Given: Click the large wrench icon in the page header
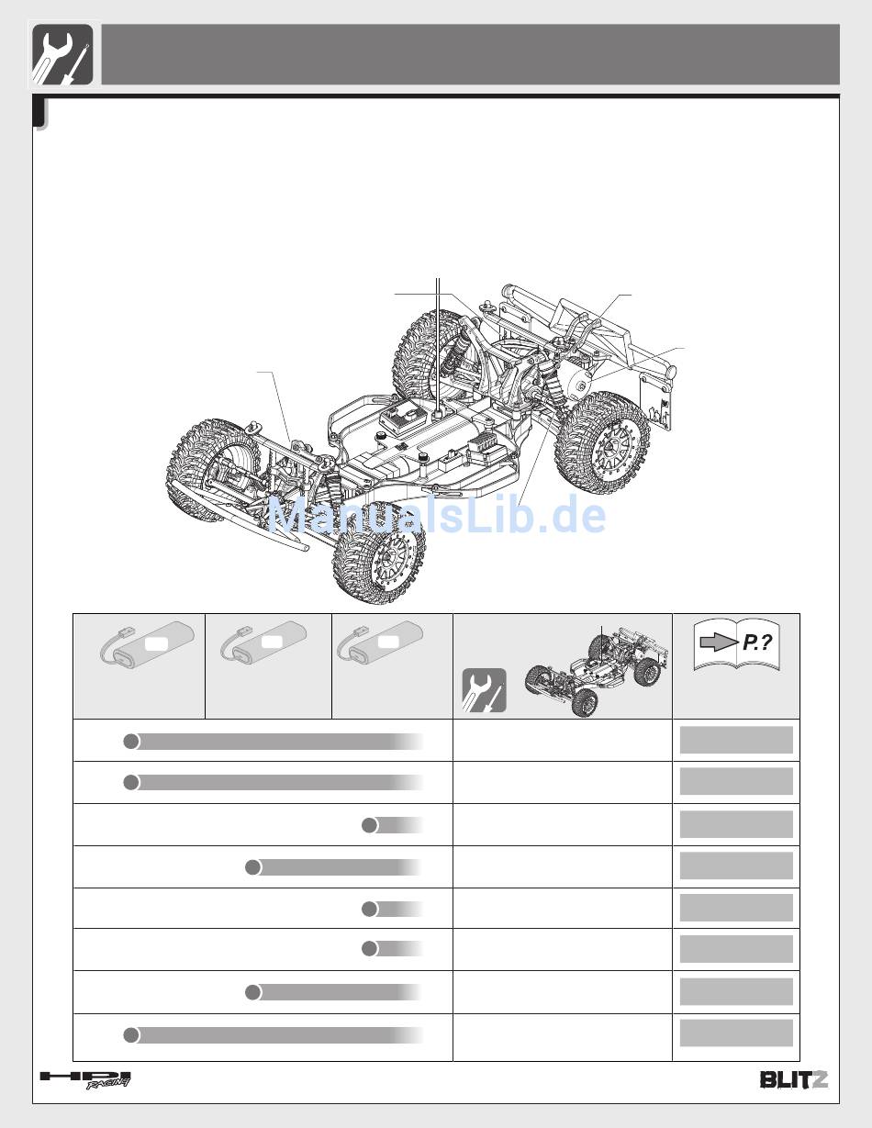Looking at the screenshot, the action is pyautogui.click(x=62, y=54).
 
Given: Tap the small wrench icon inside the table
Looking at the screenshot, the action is pyautogui.click(x=485, y=690).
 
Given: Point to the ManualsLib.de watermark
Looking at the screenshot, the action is pyautogui.click(x=437, y=514).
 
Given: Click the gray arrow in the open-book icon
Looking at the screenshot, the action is pyautogui.click(x=719, y=643).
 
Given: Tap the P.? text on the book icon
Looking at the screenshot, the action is pyautogui.click(x=757, y=642).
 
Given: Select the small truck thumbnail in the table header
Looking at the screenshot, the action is pyautogui.click(x=597, y=670).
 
